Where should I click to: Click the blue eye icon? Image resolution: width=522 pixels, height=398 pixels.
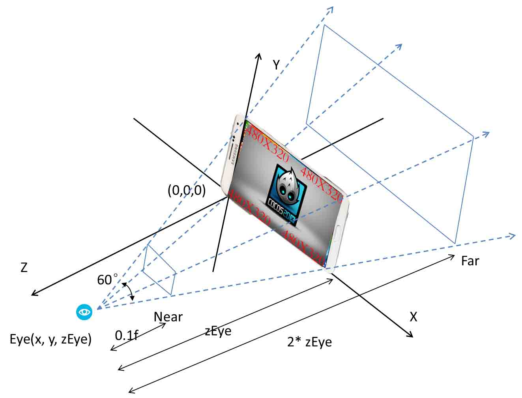84,312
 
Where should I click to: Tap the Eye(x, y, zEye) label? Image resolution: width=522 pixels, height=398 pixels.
51,339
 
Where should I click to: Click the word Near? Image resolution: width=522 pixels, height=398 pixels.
168,317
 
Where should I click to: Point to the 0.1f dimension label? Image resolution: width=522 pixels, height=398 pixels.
126,335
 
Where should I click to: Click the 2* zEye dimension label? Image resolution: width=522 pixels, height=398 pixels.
309,342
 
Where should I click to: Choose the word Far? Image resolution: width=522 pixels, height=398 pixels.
470,261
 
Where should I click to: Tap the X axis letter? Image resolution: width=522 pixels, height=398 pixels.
413,317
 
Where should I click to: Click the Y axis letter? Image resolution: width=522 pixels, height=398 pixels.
276,65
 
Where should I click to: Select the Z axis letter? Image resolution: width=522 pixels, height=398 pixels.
24,268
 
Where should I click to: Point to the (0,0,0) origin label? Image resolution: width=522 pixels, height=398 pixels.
187,190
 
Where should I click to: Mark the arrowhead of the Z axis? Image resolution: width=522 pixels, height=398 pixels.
34,294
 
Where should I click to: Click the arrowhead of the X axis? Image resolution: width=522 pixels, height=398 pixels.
410,335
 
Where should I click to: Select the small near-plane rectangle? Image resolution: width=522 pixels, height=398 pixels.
159,269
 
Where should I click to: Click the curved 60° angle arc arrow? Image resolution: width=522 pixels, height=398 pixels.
129,291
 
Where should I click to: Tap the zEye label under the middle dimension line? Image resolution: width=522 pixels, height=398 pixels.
218,331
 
